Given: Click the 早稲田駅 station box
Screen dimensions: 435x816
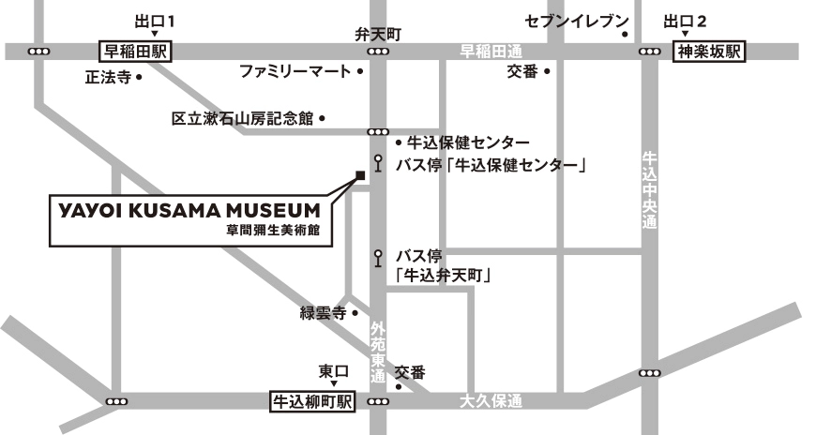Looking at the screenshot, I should tap(134, 52).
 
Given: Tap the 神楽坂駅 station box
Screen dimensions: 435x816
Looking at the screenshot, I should tap(709, 52).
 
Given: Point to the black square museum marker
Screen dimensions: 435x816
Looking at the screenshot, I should tap(359, 173).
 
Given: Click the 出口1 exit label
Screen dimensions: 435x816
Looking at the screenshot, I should tap(155, 20).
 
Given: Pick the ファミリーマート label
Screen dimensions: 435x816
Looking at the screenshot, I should tap(295, 71).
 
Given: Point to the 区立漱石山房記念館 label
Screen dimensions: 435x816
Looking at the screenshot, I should tap(241, 119).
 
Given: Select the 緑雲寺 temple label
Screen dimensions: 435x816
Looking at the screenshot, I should tap(324, 313).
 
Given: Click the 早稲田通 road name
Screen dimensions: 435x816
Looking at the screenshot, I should tap(490, 52).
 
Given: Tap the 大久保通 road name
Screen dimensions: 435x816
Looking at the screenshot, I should tap(491, 401).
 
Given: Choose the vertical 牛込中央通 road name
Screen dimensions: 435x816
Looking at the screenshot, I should tap(648, 189).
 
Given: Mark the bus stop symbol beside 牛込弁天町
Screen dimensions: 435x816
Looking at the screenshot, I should tap(378, 255).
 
